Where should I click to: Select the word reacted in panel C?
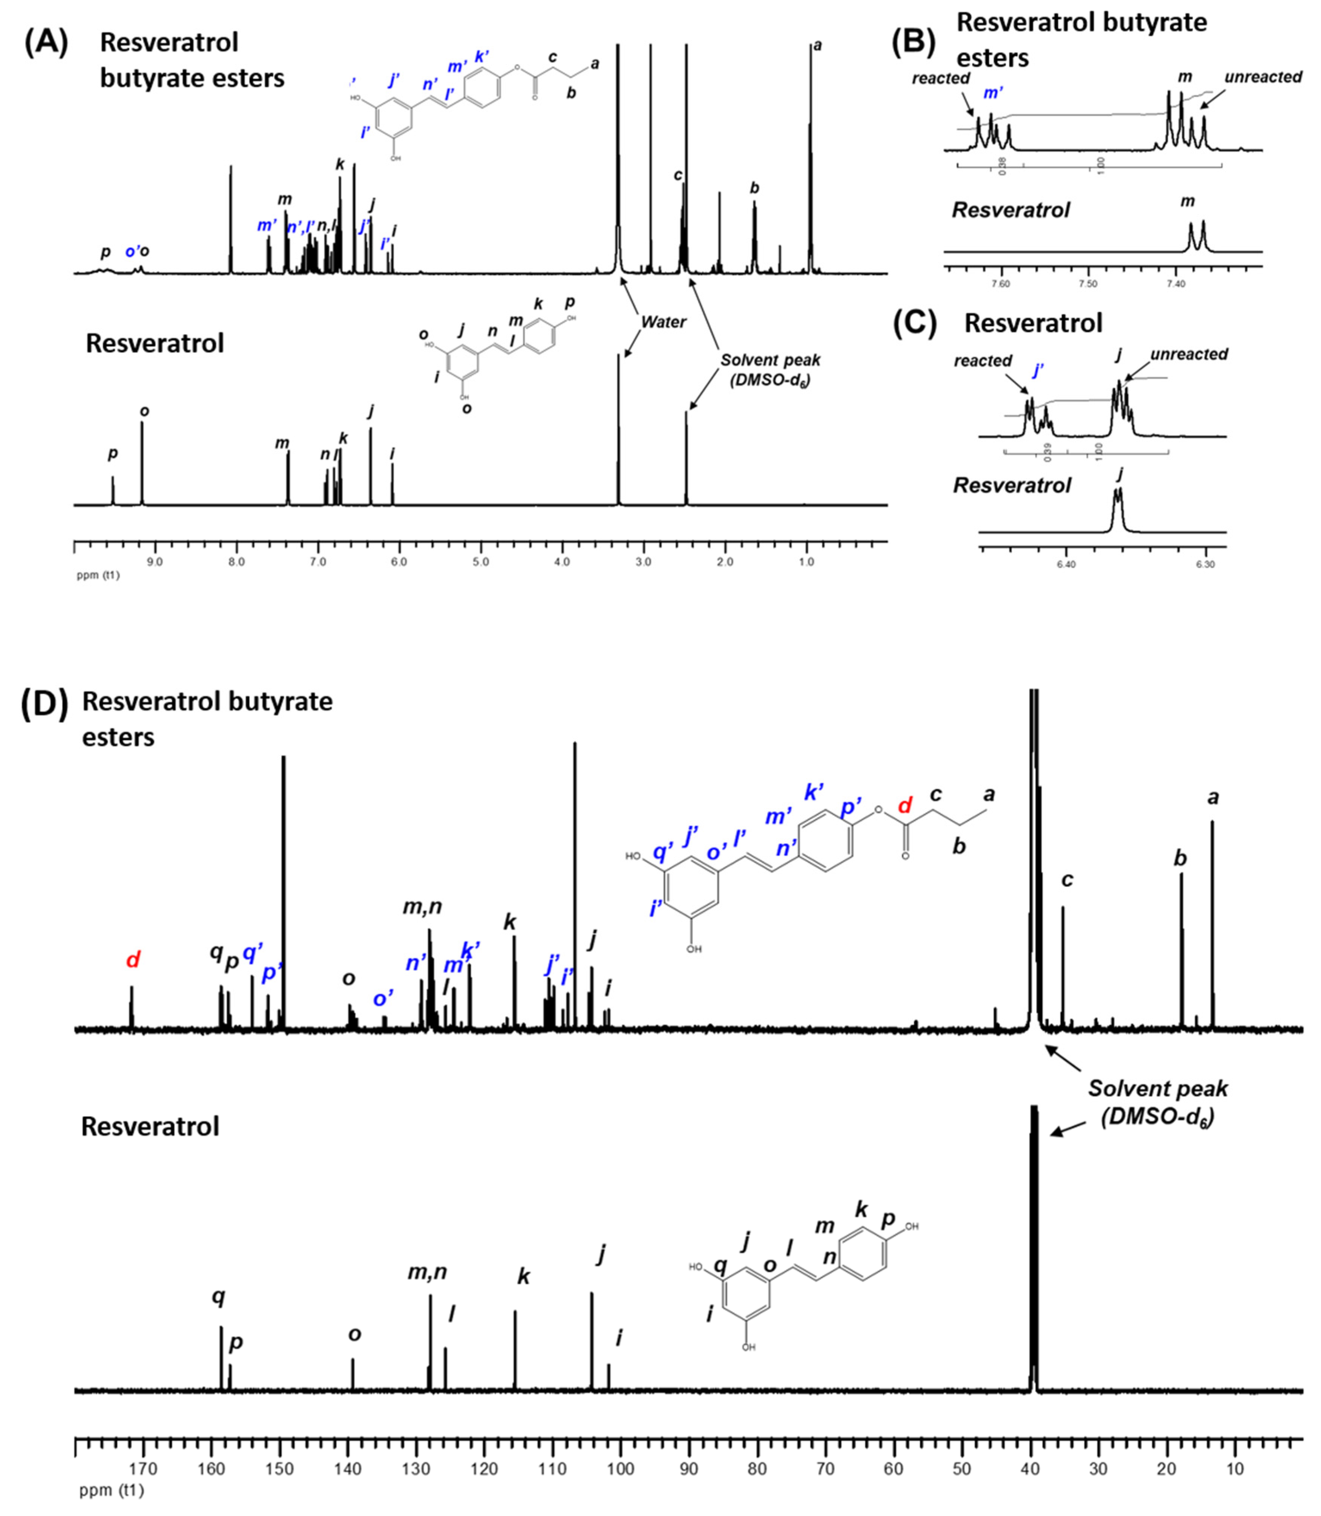tap(983, 361)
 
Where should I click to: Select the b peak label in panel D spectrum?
tap(1179, 859)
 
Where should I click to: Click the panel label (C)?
tap(914, 324)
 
